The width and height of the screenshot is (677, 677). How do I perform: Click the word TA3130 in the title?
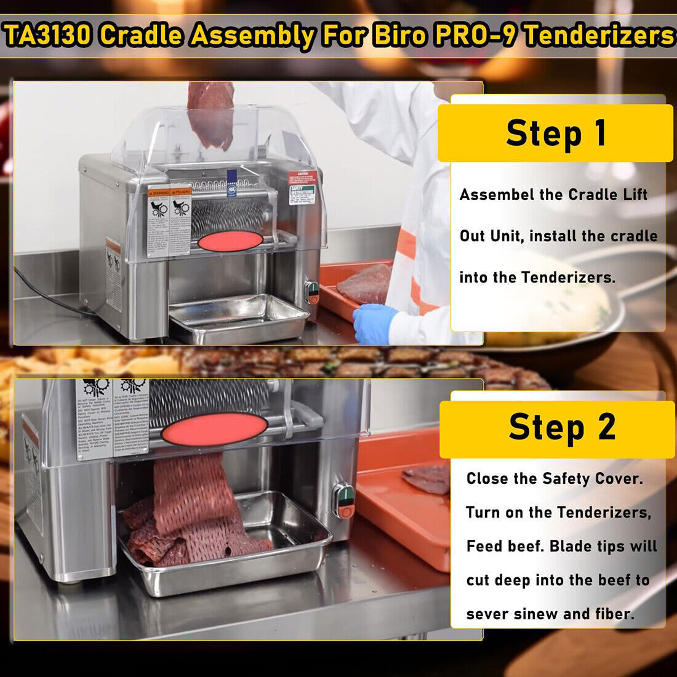tap(48, 36)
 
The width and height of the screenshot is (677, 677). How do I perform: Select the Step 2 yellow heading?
tap(561, 427)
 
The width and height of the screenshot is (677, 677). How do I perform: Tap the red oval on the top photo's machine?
tap(230, 241)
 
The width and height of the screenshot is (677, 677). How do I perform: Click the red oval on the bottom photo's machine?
tap(214, 429)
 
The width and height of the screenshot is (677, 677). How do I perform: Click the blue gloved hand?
tap(374, 323)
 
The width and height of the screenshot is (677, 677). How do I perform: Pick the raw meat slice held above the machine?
tap(211, 114)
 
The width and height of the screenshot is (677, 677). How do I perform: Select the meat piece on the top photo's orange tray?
tap(364, 284)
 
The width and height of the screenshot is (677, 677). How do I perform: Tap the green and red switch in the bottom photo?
tap(343, 500)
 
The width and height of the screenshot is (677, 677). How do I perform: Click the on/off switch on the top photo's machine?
tap(313, 292)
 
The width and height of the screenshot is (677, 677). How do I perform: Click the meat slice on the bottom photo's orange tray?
tap(428, 478)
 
